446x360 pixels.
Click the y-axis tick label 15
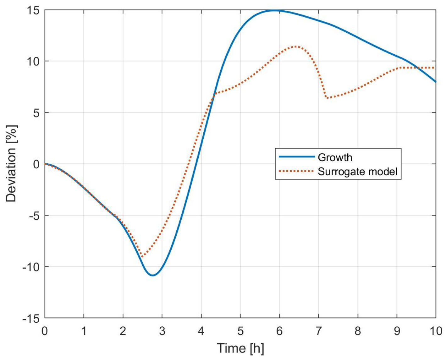(x=33, y=10)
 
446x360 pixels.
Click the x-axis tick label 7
(x=318, y=331)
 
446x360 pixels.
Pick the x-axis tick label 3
(x=162, y=331)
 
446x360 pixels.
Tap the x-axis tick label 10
(x=435, y=331)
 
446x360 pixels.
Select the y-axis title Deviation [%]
(x=11, y=164)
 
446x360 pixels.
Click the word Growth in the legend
(x=335, y=157)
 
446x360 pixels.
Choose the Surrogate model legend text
(x=357, y=172)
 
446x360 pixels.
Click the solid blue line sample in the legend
(x=296, y=157)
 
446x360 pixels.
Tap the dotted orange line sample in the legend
(x=296, y=171)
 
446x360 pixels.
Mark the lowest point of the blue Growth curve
(x=153, y=275)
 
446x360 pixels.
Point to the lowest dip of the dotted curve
(x=142, y=257)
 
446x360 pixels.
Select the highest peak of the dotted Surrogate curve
(x=296, y=46)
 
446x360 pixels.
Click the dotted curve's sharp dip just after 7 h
(x=327, y=98)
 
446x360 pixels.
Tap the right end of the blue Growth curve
(x=436, y=82)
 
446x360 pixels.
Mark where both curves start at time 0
(x=45, y=164)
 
